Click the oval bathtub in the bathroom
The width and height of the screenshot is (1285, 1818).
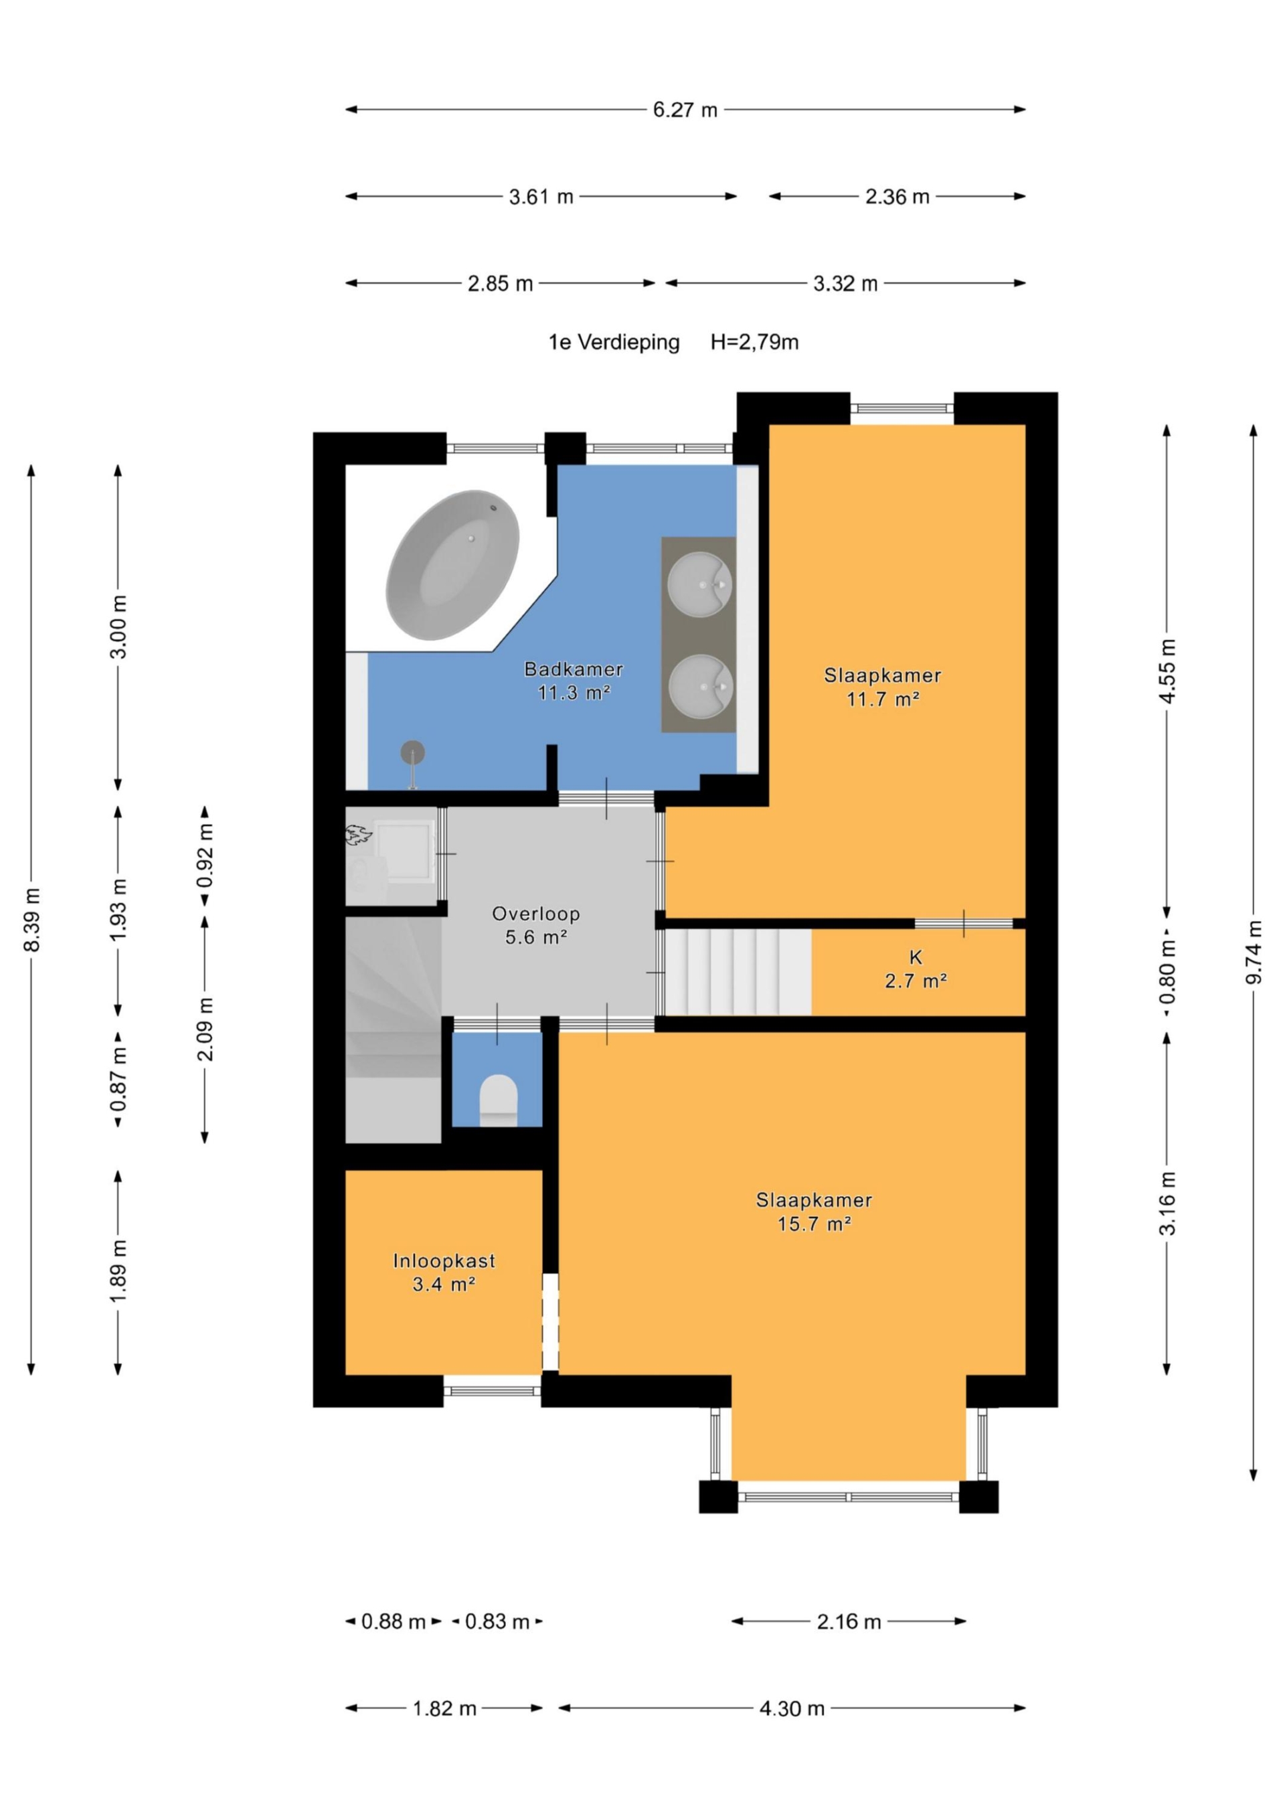(452, 566)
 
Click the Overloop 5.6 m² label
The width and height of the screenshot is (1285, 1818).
(536, 926)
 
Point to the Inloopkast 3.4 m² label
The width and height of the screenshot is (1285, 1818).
(444, 1272)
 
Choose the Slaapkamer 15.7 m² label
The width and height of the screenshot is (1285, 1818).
(814, 1212)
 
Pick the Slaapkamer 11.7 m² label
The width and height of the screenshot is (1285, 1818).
(882, 687)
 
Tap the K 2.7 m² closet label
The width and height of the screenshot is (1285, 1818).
(916, 969)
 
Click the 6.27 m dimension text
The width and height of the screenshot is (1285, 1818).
(685, 110)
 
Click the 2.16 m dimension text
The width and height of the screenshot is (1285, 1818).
(849, 1622)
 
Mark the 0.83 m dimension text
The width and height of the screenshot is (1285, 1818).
(497, 1622)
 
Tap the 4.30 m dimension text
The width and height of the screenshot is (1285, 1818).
(792, 1709)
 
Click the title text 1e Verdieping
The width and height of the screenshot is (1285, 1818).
(614, 342)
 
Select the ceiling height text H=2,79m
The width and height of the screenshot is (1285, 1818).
(754, 342)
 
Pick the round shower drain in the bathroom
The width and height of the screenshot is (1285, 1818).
(412, 752)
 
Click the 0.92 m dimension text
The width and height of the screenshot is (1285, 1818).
(205, 856)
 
